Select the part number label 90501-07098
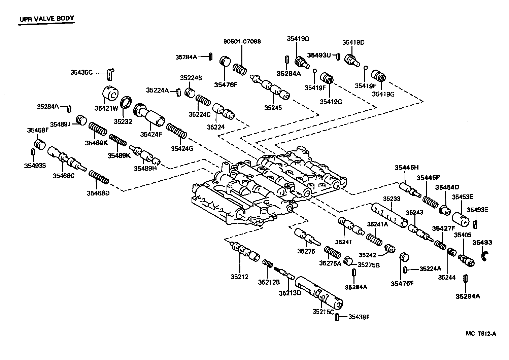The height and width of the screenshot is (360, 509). (242, 42)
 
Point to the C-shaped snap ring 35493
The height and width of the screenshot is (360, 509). (485, 256)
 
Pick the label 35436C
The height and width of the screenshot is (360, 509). (81, 72)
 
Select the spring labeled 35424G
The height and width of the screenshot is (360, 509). (176, 131)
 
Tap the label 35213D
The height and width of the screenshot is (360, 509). (289, 293)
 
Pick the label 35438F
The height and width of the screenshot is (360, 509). (359, 317)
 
